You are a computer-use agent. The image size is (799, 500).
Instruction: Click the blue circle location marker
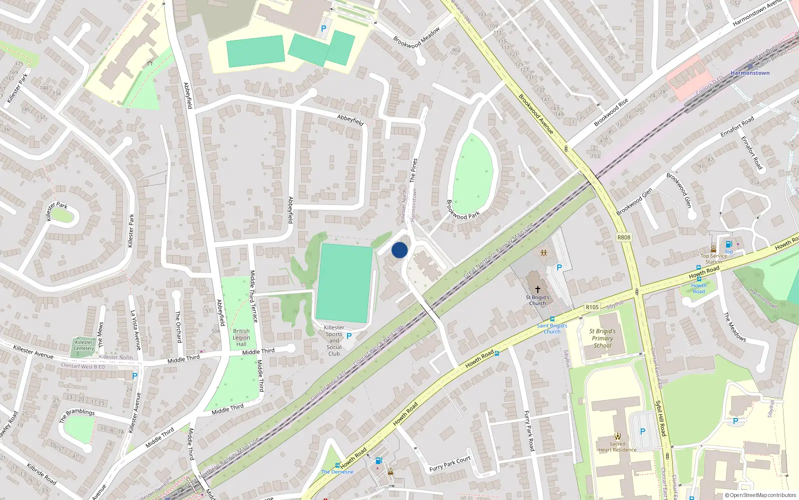[399, 250]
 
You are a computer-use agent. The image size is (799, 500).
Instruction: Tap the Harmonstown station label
[750, 73]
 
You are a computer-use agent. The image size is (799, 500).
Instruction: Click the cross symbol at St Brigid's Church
[538, 289]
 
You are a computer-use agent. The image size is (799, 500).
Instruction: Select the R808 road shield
[624, 237]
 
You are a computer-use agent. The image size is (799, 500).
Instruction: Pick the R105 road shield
[592, 307]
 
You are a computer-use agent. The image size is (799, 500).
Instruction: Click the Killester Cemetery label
[84, 345]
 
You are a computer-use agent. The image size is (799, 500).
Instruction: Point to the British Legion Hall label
[241, 337]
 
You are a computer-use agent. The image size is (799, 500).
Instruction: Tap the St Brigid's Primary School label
[602, 338]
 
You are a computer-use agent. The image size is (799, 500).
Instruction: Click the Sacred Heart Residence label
[617, 446]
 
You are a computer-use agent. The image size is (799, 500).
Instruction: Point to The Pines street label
[413, 170]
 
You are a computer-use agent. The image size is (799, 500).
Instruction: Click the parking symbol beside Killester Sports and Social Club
[349, 336]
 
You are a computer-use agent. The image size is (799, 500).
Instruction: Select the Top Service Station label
[713, 259]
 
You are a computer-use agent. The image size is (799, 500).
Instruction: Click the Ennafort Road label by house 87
[737, 127]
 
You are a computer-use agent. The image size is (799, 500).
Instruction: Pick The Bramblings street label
[77, 415]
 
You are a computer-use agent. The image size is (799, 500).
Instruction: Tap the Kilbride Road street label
[41, 473]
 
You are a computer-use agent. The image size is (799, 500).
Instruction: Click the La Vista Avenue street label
[135, 330]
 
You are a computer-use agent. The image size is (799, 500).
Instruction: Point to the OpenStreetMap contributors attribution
[761, 495]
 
